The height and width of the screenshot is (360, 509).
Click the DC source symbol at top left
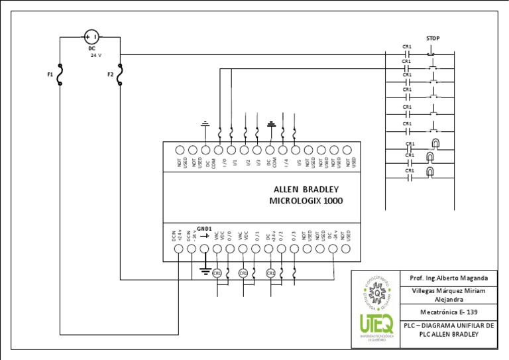click(92, 37)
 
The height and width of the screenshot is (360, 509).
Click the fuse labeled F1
click(60, 75)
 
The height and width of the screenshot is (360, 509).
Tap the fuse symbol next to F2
click(120, 75)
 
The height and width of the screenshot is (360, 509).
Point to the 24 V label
click(96, 56)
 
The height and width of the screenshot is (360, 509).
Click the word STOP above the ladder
click(433, 38)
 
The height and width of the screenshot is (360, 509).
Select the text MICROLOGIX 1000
click(306, 201)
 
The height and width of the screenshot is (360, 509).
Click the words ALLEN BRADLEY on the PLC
click(306, 189)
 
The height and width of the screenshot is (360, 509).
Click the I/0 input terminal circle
click(219, 150)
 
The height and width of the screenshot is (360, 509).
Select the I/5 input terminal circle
click(296, 150)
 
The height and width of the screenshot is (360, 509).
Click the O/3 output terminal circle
click(294, 249)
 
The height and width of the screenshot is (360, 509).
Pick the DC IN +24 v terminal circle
click(178, 249)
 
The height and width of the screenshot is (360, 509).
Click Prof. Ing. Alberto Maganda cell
click(449, 278)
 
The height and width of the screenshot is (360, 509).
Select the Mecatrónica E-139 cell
click(449, 312)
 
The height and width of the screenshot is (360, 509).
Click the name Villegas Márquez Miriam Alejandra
click(449, 295)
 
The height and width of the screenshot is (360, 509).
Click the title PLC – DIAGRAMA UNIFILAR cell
click(449, 330)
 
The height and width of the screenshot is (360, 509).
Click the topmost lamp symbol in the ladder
click(435, 143)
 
